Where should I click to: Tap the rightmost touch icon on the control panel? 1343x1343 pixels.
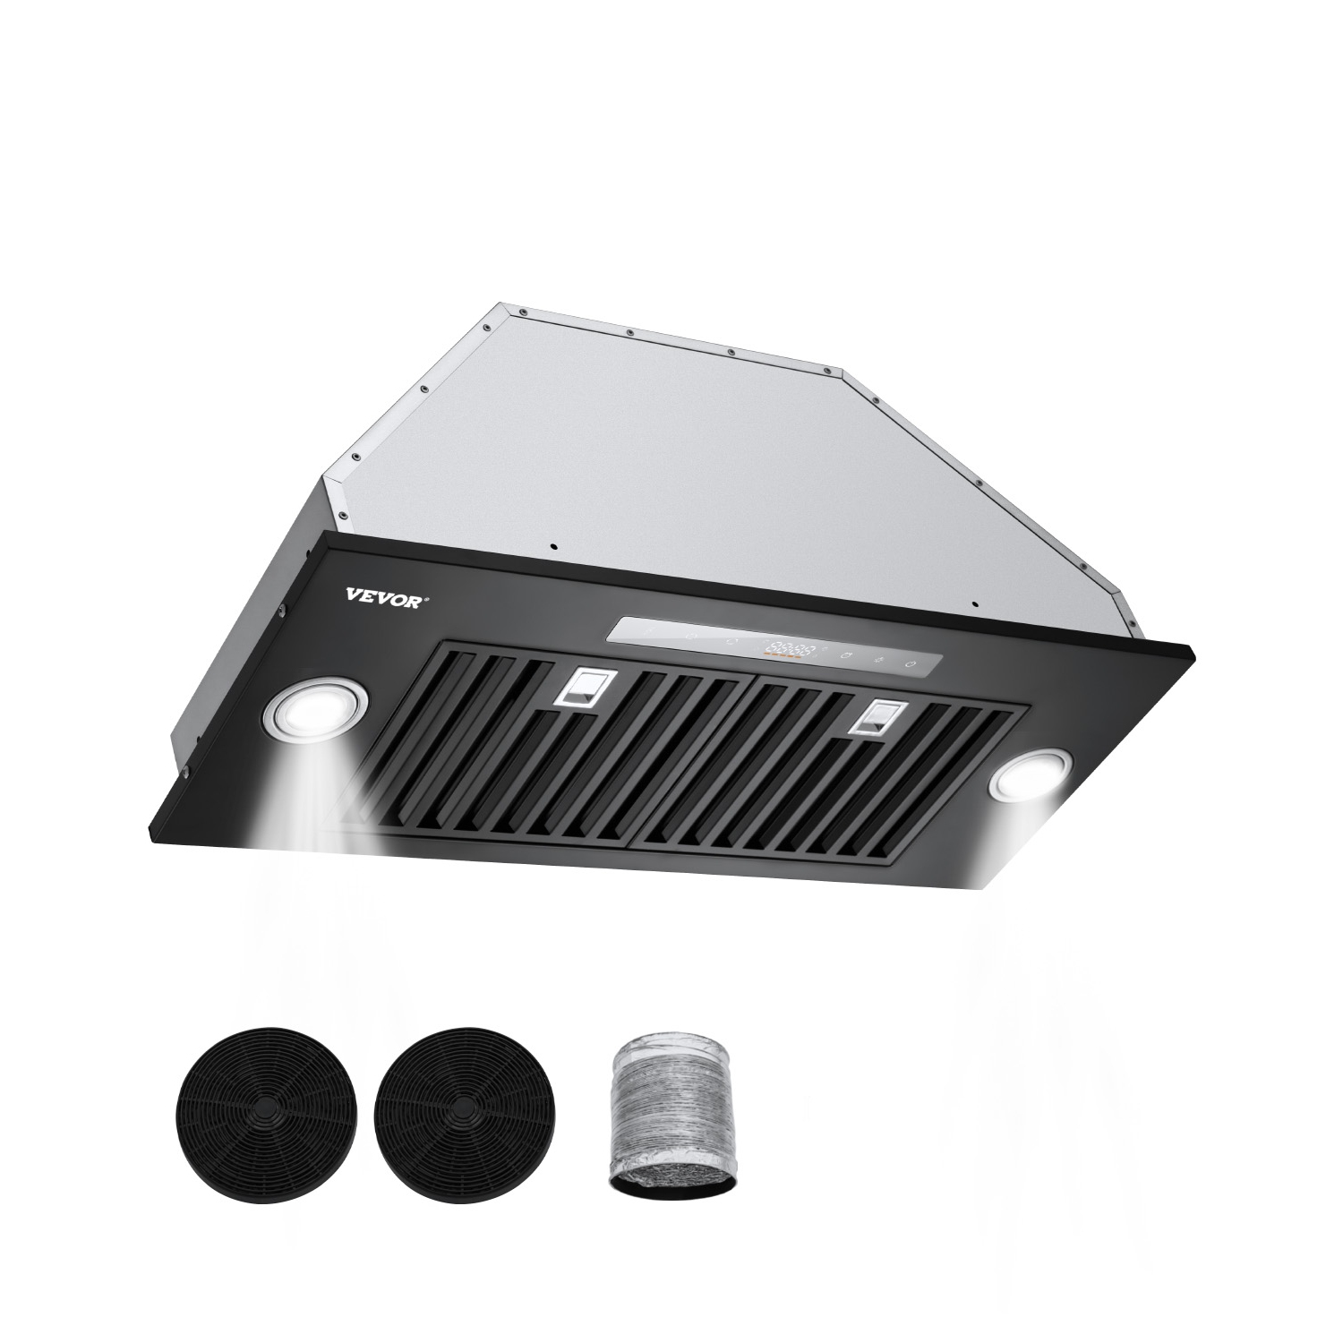coord(911,663)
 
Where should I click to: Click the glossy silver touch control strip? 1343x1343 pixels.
coord(770,648)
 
